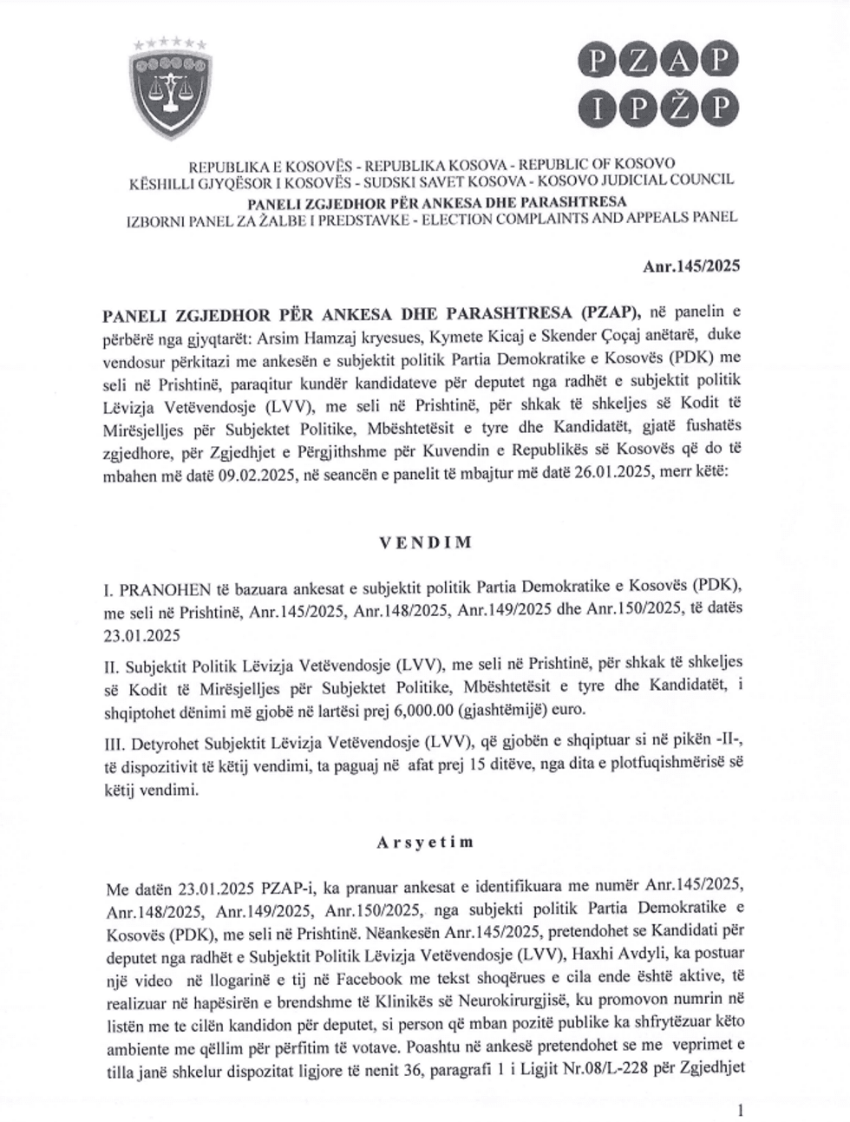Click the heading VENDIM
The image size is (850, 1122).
coord(424,542)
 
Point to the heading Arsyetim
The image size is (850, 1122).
coord(424,841)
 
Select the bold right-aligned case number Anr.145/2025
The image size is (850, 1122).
coord(690,267)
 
